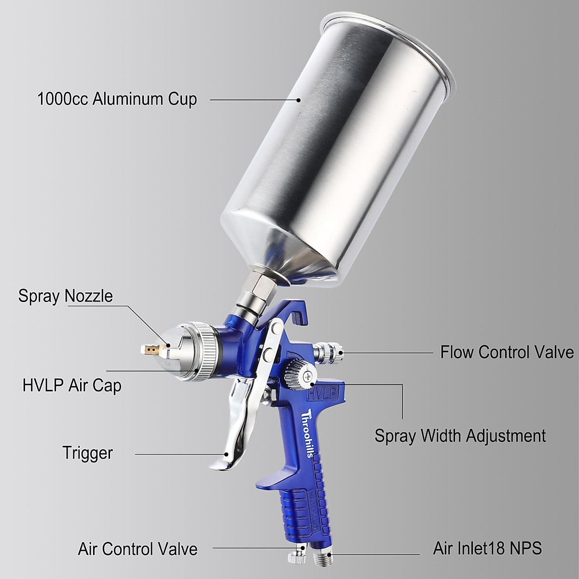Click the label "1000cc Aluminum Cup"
pyautogui.click(x=117, y=99)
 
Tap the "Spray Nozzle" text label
pyautogui.click(x=66, y=296)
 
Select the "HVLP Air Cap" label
pyautogui.click(x=72, y=386)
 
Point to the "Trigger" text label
pyautogui.click(x=87, y=453)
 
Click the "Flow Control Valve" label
pyautogui.click(x=507, y=352)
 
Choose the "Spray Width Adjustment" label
pyautogui.click(x=460, y=436)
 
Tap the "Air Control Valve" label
pyautogui.click(x=138, y=549)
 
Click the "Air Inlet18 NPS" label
pyautogui.click(x=487, y=548)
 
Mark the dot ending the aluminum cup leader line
pyautogui.click(x=299, y=100)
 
